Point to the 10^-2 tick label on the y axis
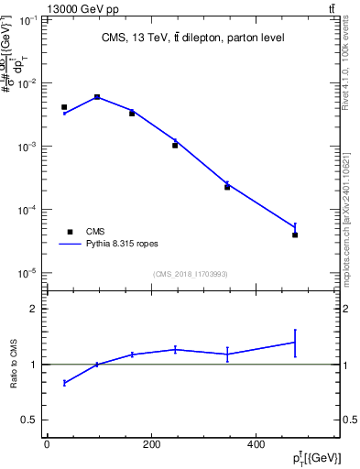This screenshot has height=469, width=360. point(27,83)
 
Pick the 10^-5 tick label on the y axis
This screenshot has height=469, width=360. point(27,273)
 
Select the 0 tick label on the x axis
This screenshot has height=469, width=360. point(47,445)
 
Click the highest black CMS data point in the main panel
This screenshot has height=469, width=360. point(97,96)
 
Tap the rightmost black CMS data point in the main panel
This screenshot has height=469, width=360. point(295,235)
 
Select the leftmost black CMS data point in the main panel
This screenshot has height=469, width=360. point(64,107)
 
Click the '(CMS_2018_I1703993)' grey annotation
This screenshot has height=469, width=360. point(191,273)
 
